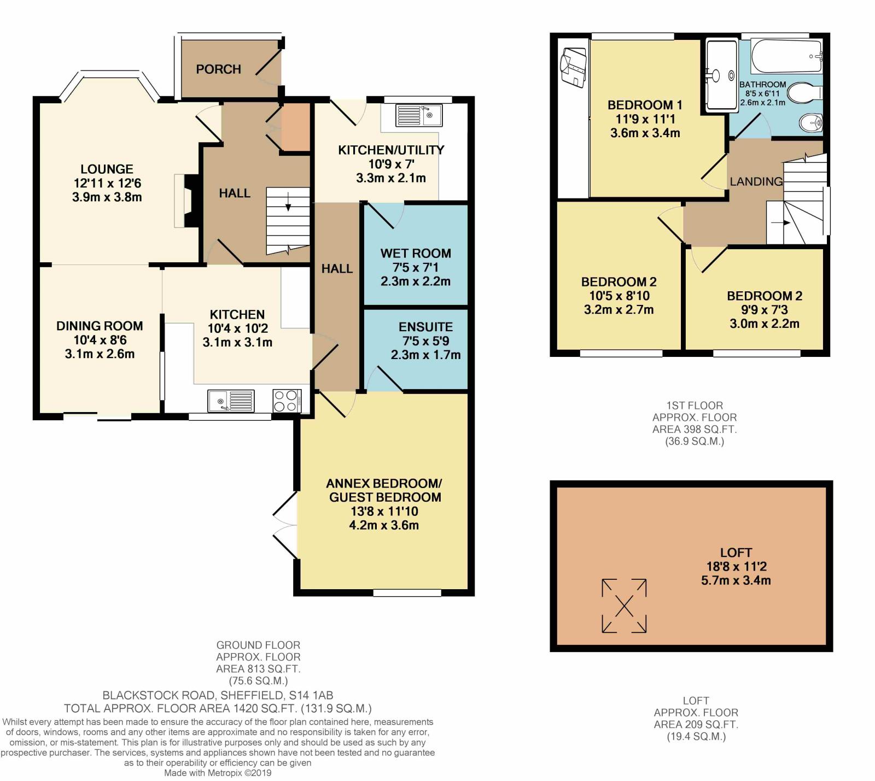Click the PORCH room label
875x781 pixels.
click(218, 69)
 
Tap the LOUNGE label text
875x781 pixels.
click(107, 169)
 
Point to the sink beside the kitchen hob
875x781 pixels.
click(231, 401)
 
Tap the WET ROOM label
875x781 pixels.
click(416, 254)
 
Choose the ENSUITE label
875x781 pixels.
click(425, 327)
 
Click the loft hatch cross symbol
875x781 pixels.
click(624, 606)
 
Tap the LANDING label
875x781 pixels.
click(756, 181)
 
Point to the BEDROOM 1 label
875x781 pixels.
click(644, 105)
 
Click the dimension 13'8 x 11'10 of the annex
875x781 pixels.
click(384, 512)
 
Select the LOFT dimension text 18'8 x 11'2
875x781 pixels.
click(736, 567)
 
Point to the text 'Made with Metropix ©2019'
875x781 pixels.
click(218, 773)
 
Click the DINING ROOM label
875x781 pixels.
click(100, 326)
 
